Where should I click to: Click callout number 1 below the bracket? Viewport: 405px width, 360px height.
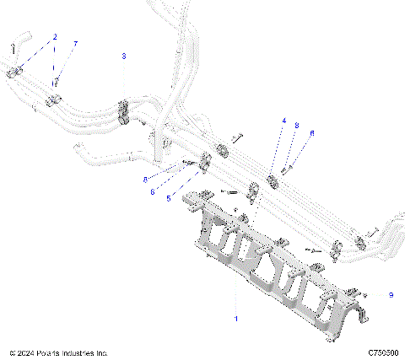235,319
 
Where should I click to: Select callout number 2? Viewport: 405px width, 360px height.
55,37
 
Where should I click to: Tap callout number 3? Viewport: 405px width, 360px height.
124,56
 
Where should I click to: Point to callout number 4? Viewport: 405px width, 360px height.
284,121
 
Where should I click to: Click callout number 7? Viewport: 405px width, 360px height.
75,43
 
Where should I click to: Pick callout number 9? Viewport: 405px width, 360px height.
391,294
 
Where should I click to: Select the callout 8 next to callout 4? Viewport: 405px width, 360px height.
297,125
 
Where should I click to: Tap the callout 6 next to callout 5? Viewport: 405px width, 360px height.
153,191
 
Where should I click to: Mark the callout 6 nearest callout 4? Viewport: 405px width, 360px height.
311,132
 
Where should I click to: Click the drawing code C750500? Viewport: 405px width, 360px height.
383,352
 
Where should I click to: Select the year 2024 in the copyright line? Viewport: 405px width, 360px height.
26,352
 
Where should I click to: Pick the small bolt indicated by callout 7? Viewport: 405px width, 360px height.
57,83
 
